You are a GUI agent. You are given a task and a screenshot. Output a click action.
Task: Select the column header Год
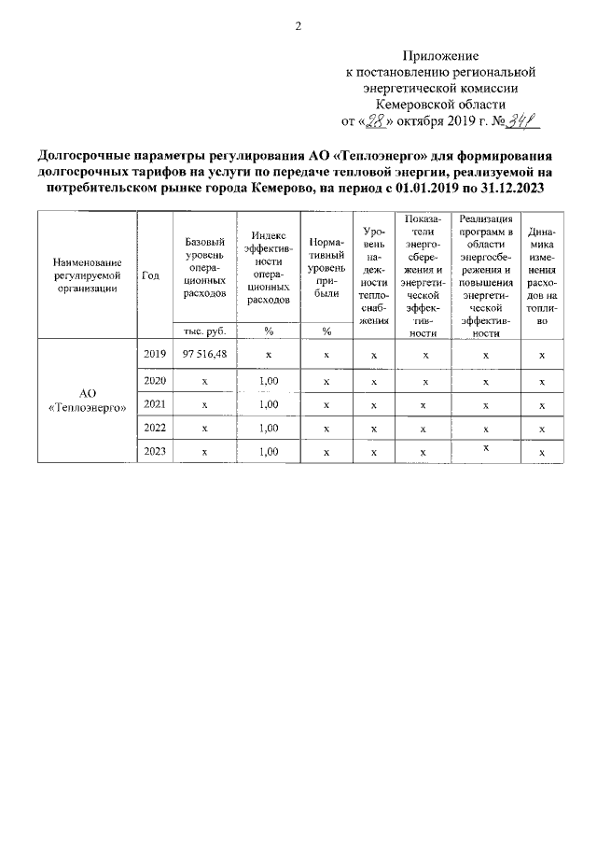point(150,275)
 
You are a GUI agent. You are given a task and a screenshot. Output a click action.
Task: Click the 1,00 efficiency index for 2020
point(269,381)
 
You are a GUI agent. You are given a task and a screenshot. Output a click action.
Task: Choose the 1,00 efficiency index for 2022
point(269,429)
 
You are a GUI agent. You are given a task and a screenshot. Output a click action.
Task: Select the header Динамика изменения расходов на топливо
point(542,275)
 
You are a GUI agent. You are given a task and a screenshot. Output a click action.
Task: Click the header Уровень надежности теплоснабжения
point(373,275)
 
